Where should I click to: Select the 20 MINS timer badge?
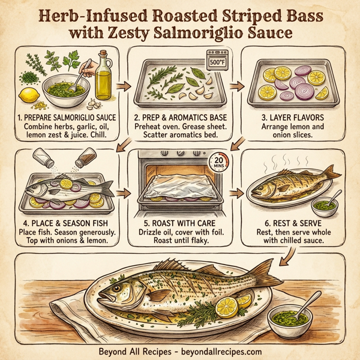(220, 164)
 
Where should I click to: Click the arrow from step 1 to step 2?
(124, 84)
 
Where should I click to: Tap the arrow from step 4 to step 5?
(124, 193)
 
